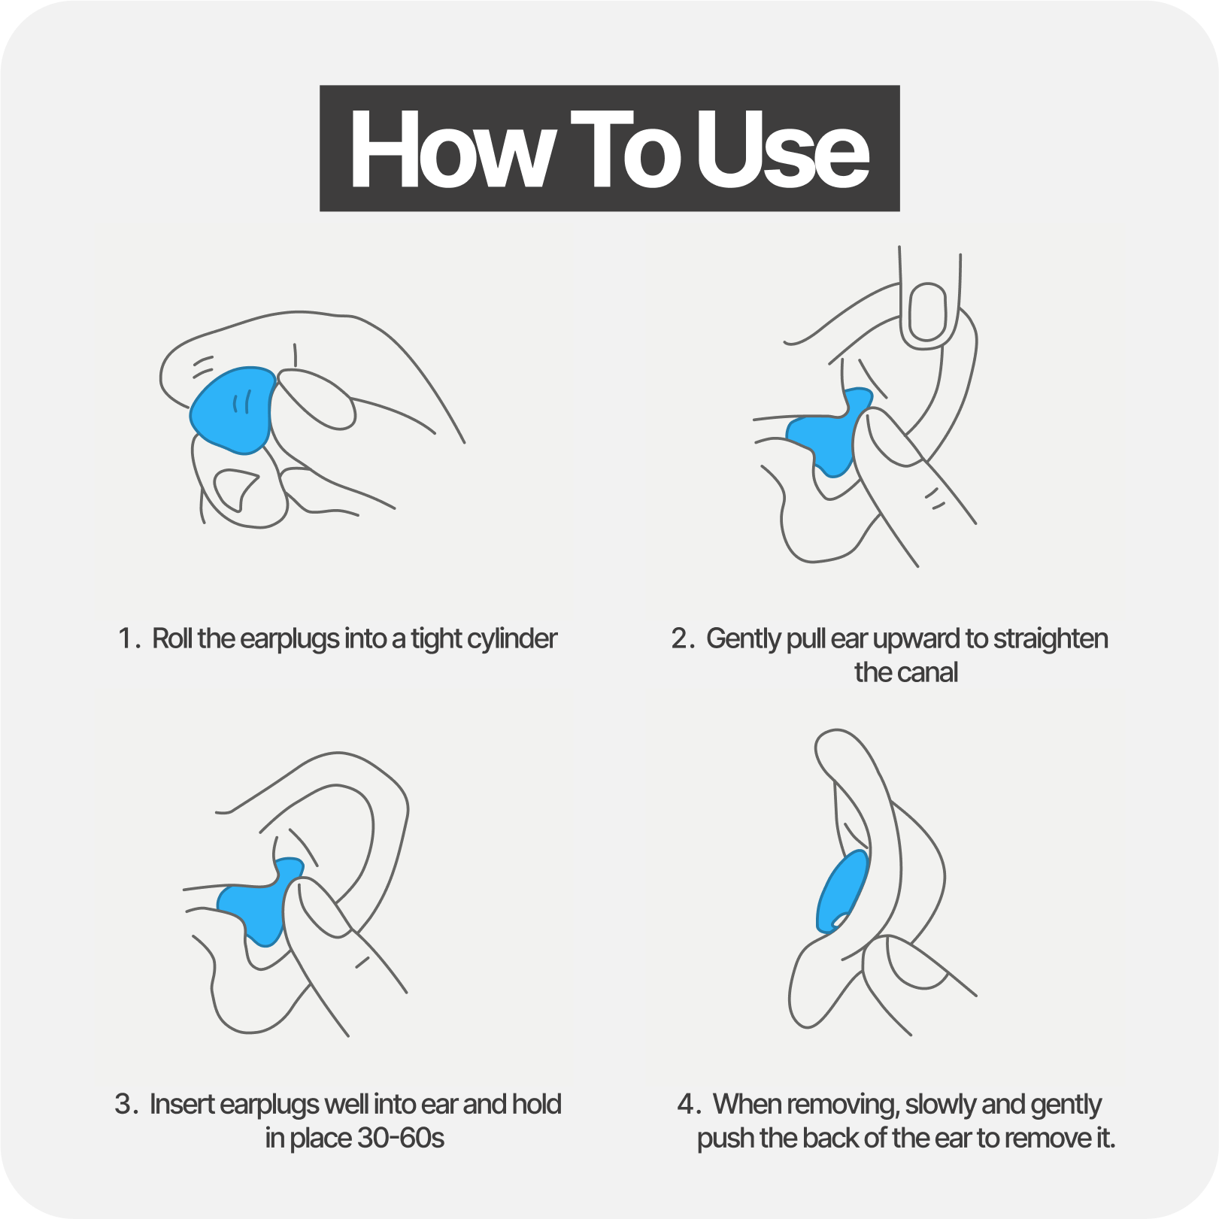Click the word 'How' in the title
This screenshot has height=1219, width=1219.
(451, 149)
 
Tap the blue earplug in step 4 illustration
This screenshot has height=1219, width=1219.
(841, 891)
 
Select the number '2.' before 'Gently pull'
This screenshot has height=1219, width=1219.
(683, 639)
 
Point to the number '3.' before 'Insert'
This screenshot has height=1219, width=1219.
(126, 1105)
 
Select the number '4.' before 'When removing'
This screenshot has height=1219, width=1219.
(689, 1105)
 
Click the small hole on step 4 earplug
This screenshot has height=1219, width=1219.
(837, 920)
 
